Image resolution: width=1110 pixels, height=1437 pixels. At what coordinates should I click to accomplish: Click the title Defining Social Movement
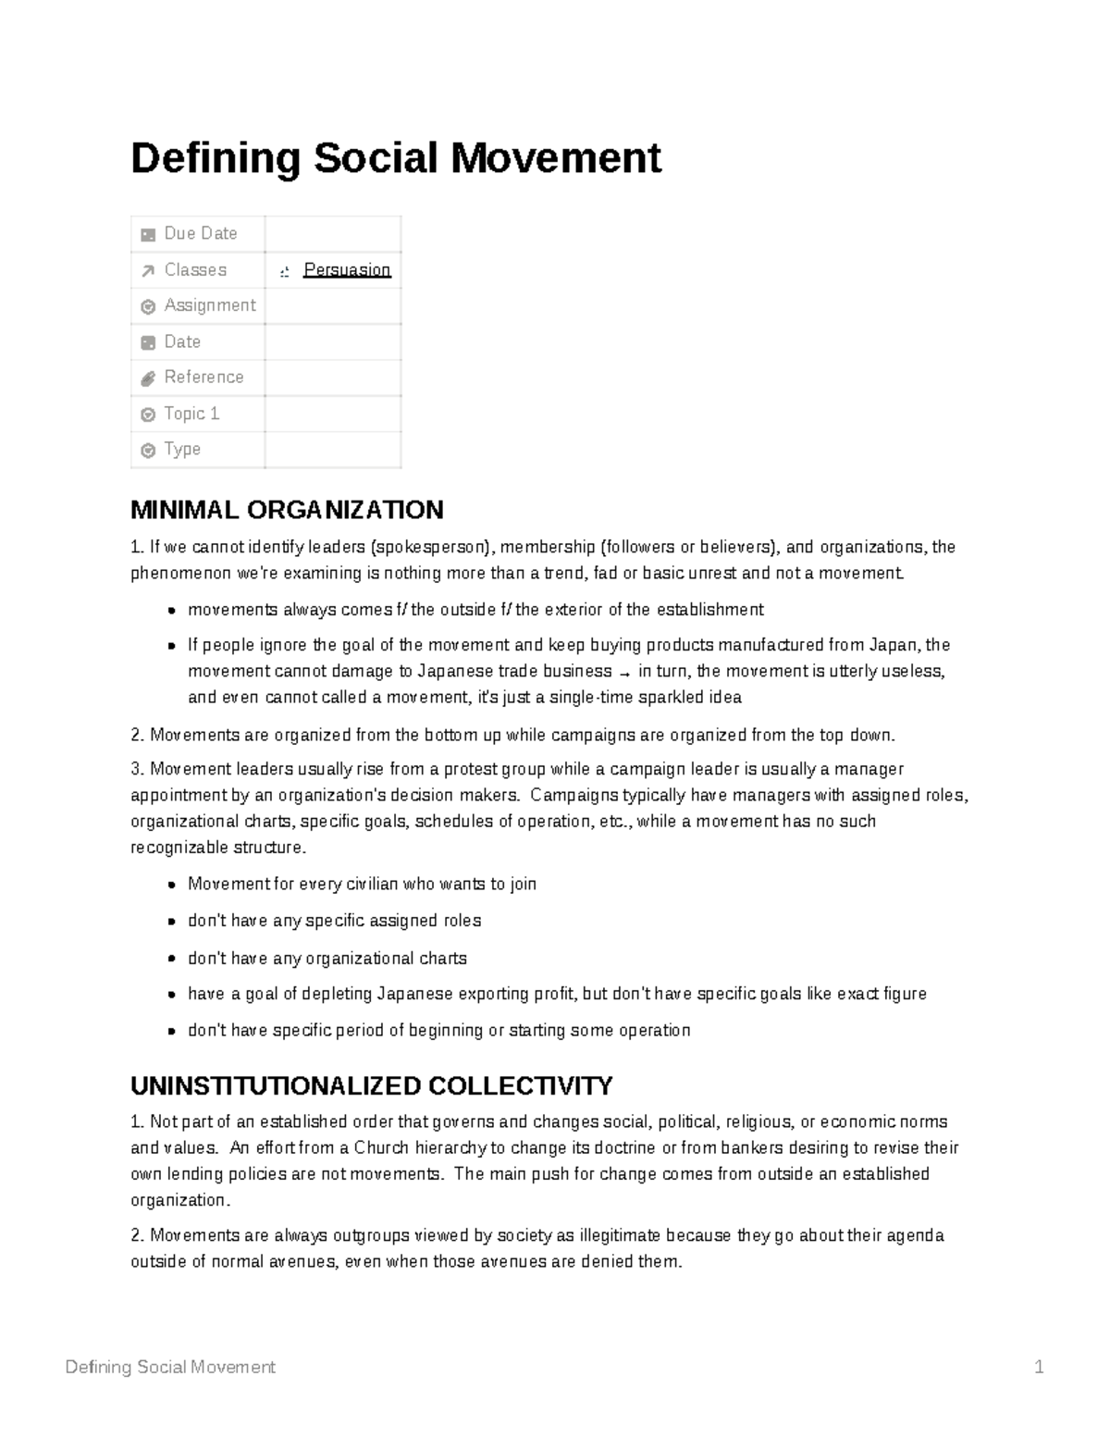pyautogui.click(x=396, y=157)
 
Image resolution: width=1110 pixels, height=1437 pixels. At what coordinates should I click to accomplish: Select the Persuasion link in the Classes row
pyautogui.click(x=347, y=270)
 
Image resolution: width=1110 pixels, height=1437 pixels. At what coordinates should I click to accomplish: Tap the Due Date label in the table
pyautogui.click(x=200, y=234)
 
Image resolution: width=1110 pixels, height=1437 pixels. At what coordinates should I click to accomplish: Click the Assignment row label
pyautogui.click(x=209, y=305)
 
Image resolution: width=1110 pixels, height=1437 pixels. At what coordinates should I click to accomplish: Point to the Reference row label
pyautogui.click(x=203, y=378)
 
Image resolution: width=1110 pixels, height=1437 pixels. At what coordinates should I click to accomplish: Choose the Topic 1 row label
pyautogui.click(x=191, y=414)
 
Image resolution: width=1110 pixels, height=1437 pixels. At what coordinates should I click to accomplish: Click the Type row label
pyautogui.click(x=182, y=450)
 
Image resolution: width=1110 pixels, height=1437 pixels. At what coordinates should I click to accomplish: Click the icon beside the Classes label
pyautogui.click(x=148, y=271)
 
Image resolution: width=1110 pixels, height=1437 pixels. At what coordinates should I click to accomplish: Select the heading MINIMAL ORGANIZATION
pyautogui.click(x=287, y=510)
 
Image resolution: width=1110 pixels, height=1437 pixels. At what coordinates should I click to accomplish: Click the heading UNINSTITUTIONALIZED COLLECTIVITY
pyautogui.click(x=371, y=1085)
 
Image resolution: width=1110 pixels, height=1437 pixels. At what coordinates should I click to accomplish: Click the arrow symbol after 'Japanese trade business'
pyautogui.click(x=626, y=673)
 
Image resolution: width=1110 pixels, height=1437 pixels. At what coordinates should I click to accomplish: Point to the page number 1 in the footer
pyautogui.click(x=1039, y=1367)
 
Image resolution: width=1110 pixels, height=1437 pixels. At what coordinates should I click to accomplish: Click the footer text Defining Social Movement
pyautogui.click(x=170, y=1367)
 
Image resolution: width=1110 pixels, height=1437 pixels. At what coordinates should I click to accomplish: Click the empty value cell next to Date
pyautogui.click(x=333, y=342)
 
